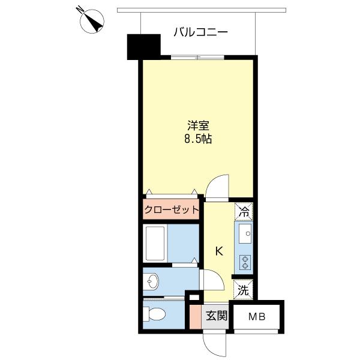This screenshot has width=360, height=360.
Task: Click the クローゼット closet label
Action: pos(171,210)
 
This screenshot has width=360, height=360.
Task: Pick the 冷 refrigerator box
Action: pos(244,211)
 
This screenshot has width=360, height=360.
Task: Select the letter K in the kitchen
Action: pos(219,251)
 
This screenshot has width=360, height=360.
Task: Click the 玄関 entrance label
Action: pos(217,316)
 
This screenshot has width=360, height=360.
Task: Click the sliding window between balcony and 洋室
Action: pos(197,57)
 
